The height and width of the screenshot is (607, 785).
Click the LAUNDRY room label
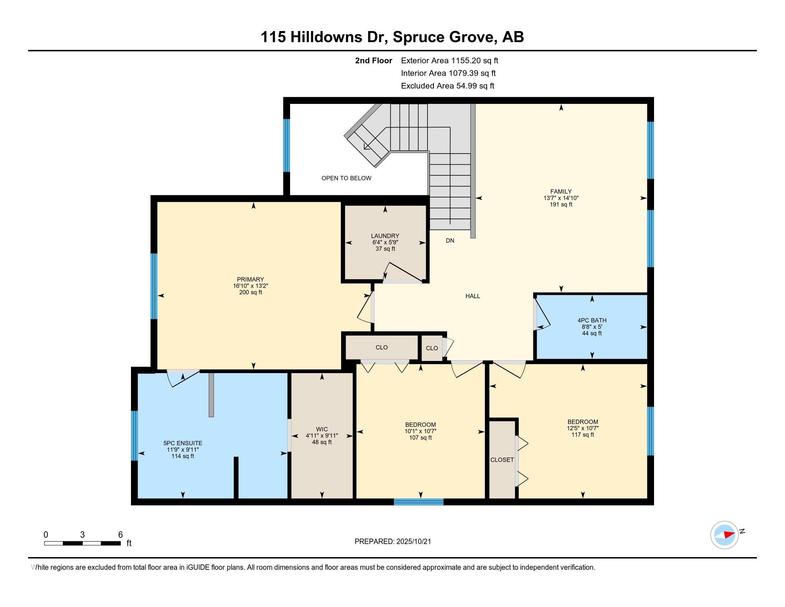click(x=385, y=236)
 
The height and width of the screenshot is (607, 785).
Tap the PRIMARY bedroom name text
click(x=250, y=280)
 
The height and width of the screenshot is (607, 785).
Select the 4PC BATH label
click(x=592, y=320)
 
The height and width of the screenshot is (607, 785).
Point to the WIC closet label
click(x=322, y=429)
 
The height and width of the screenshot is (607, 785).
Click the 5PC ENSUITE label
click(x=183, y=443)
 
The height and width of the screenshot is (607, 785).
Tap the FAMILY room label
click(x=561, y=192)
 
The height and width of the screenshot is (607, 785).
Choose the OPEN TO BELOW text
click(x=346, y=178)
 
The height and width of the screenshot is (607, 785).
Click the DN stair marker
click(x=450, y=241)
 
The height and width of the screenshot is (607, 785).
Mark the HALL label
click(x=473, y=296)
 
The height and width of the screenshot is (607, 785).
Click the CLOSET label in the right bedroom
click(x=502, y=460)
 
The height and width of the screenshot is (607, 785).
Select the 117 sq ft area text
click(x=583, y=435)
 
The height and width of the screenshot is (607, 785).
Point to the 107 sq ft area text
click(x=421, y=438)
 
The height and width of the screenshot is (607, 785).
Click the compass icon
click(x=724, y=535)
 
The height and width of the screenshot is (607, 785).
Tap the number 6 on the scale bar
click(x=120, y=535)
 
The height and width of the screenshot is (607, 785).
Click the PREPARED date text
click(x=392, y=541)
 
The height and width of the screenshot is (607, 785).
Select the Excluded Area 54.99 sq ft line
click(x=447, y=86)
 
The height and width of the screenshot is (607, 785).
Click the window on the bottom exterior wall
click(x=419, y=502)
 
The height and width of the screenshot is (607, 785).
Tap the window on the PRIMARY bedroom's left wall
click(x=154, y=286)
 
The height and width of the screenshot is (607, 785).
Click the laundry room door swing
click(x=402, y=272)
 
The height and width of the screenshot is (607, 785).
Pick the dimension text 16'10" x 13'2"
click(x=250, y=286)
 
